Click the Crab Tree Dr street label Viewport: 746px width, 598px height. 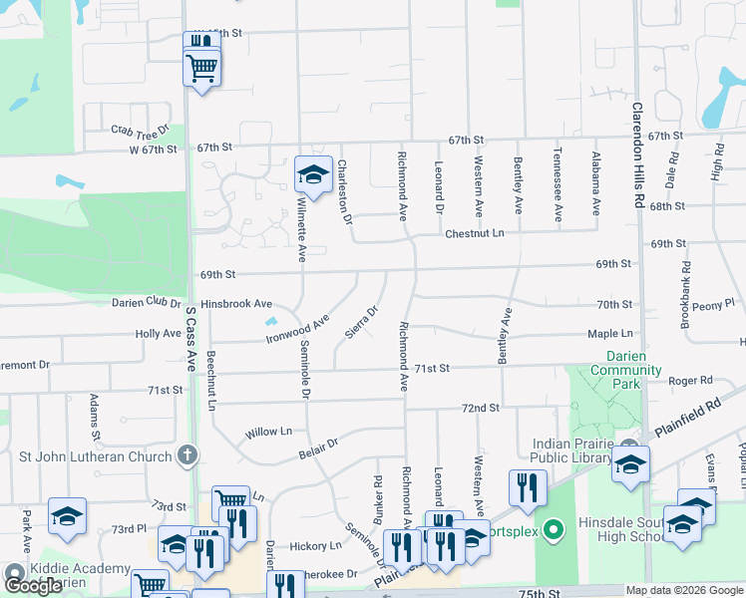tap(136, 131)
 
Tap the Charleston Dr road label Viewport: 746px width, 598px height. tap(344, 191)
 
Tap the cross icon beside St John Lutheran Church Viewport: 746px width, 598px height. tap(186, 456)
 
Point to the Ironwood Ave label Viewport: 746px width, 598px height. tap(297, 330)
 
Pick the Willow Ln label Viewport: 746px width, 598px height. tap(269, 432)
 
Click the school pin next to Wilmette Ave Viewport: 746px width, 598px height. tap(312, 174)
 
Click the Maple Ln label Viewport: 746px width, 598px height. tap(610, 333)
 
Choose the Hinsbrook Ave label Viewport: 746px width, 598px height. tap(235, 303)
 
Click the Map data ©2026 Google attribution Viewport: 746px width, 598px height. tap(683, 590)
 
